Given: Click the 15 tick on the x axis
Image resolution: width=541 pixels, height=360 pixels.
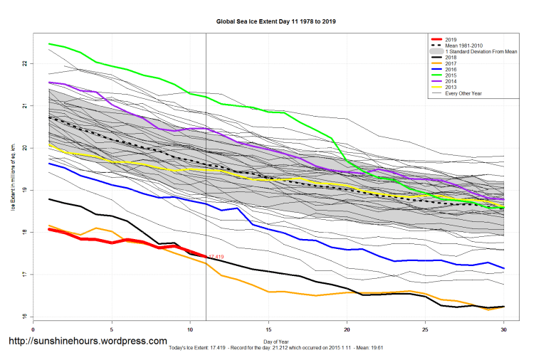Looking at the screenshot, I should pos(268,329).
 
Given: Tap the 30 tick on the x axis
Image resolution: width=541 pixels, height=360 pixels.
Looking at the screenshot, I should pos(504,329).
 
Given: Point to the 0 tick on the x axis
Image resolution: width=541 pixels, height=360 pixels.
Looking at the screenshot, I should pos(33,329).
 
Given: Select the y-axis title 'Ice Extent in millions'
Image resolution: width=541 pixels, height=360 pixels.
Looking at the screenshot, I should pos(12,178).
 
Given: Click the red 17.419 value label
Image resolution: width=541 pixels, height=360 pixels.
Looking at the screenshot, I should pos(216,257).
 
